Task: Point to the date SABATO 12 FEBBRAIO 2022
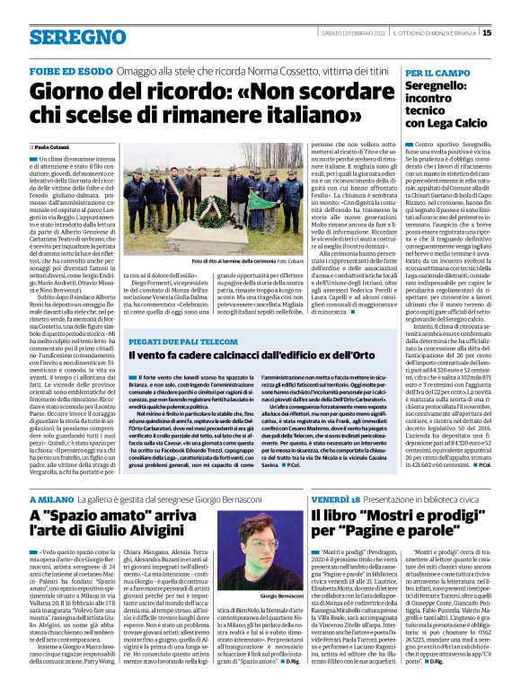358,33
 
